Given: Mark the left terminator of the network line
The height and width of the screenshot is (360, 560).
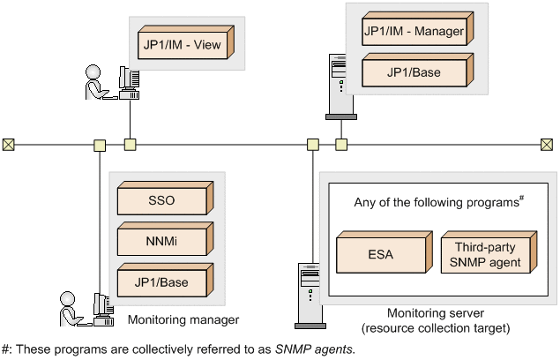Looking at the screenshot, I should [8, 144].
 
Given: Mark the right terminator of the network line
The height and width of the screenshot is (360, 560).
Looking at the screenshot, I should [547, 144].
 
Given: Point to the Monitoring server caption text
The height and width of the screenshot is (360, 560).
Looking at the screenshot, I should [436, 320].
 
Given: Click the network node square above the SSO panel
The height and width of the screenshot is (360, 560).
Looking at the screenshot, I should [101, 144].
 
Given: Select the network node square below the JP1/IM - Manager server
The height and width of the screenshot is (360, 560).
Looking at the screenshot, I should [342, 144].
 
